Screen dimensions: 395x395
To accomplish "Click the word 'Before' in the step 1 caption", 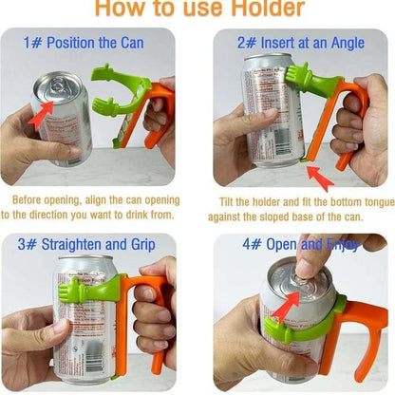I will click(x=30, y=201).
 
